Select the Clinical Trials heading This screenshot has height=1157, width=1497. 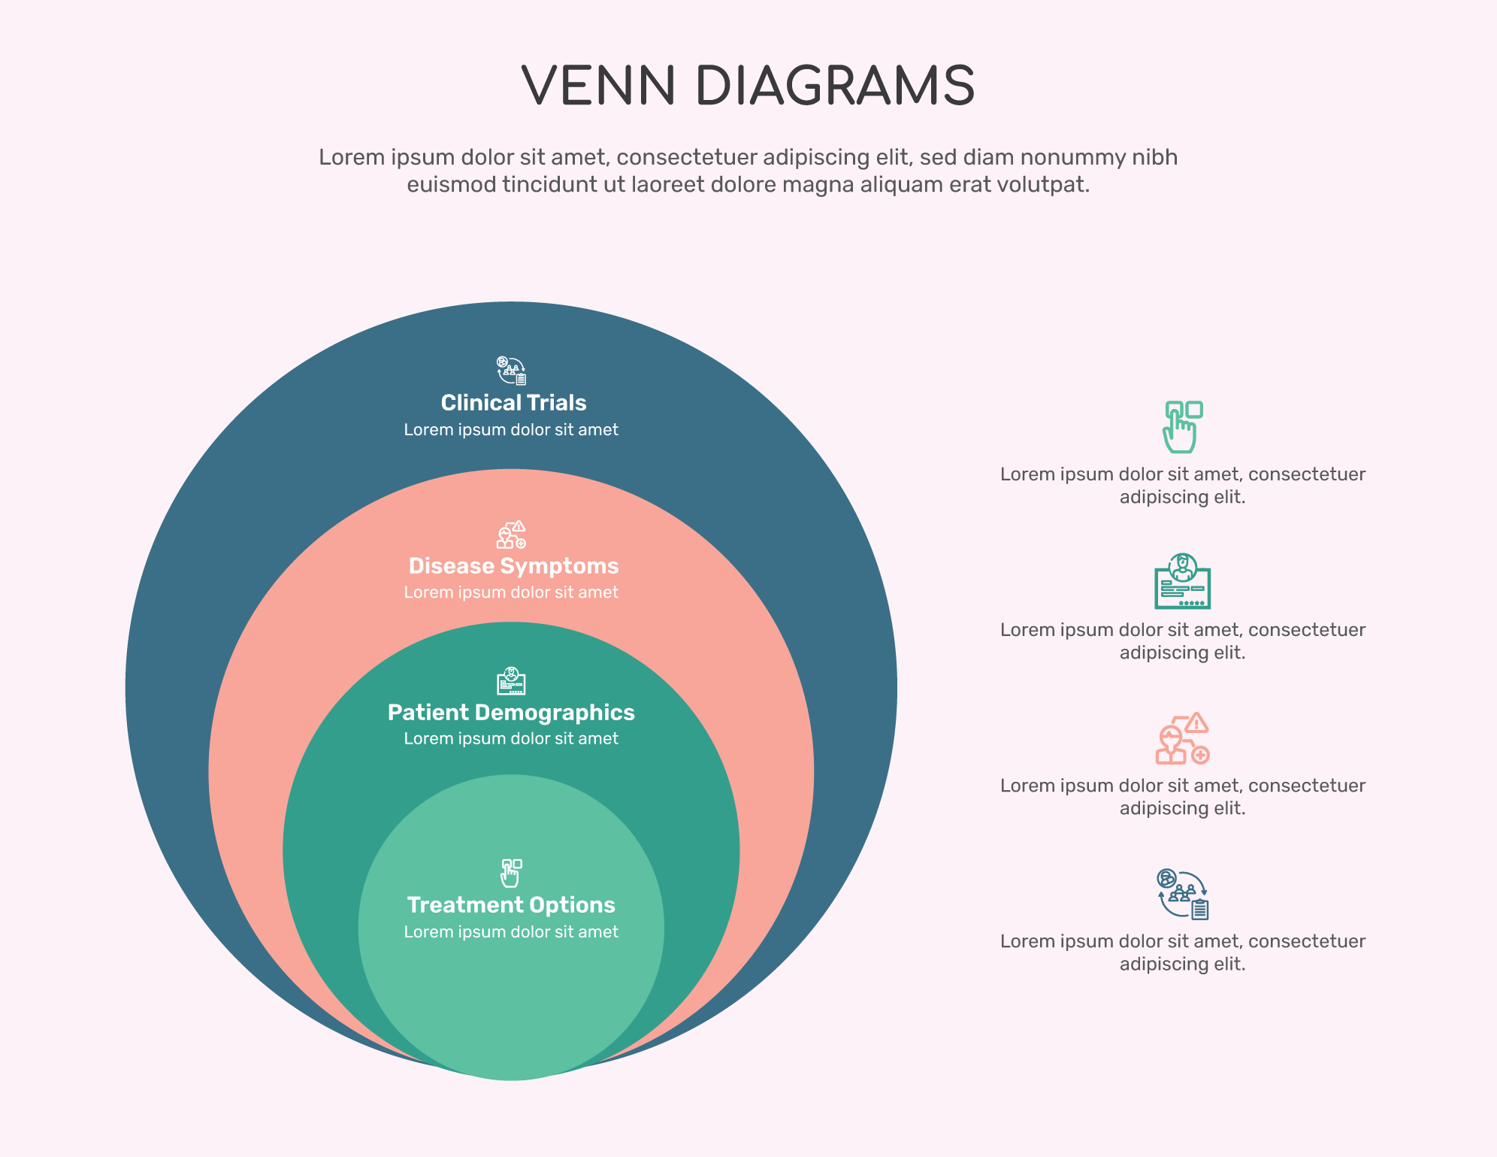click(513, 403)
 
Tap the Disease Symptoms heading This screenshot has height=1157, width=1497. click(513, 566)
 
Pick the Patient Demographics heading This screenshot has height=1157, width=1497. click(511, 713)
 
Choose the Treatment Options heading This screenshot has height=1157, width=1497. click(511, 905)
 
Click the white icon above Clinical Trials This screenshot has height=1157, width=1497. click(511, 371)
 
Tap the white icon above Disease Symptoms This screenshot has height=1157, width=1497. click(511, 535)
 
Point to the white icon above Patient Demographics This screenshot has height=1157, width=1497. click(511, 681)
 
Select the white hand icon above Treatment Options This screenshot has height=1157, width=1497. click(511, 873)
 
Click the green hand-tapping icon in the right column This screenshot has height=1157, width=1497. click(1182, 427)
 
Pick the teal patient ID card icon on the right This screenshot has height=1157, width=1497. click(1182, 581)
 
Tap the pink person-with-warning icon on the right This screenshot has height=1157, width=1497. click(1182, 738)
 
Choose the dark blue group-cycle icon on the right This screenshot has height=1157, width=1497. click(1182, 894)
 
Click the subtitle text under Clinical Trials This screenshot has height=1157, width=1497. click(511, 430)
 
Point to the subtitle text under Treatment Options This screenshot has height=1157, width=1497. click(511, 932)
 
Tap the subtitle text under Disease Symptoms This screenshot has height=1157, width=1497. click(511, 592)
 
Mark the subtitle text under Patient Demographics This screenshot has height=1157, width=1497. click(511, 739)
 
